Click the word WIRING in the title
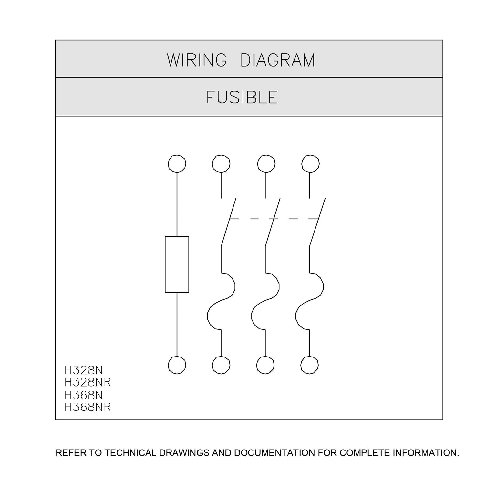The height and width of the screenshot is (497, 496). tap(197, 60)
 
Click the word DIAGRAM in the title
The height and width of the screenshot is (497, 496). tap(278, 60)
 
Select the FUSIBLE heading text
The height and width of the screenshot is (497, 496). tap(242, 97)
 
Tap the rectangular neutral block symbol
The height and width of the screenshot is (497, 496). tap(177, 264)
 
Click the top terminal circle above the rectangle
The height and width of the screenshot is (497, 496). tap(177, 164)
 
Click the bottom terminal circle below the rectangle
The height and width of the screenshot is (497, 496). tap(177, 365)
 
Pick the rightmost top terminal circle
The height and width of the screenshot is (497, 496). tap(310, 164)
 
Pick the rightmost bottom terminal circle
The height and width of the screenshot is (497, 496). tap(309, 365)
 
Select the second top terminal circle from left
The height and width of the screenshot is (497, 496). tap(221, 164)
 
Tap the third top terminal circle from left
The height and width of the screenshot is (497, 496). tap(266, 164)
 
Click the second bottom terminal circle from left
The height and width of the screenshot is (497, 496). tap(221, 365)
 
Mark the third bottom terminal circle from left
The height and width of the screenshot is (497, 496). tap(265, 365)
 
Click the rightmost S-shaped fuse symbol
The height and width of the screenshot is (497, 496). tap(309, 302)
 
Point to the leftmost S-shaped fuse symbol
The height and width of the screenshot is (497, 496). tap(221, 302)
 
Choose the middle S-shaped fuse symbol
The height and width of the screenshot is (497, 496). tap(265, 302)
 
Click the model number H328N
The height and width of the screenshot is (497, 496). tap(84, 370)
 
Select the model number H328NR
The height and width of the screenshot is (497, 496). tap(88, 382)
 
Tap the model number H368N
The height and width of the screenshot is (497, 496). tap(84, 395)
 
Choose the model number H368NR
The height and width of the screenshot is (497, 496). tap(88, 407)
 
